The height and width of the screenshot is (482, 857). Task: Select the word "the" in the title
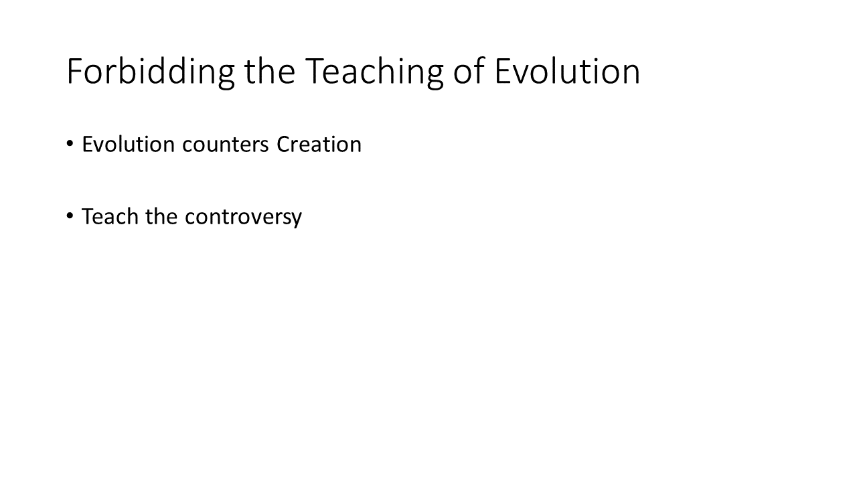coord(270,71)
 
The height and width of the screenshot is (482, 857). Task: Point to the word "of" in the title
coord(469,71)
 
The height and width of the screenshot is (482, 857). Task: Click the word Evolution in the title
coord(567,72)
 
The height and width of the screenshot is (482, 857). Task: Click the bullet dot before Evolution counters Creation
coord(70,144)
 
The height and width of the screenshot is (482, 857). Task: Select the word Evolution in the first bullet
coord(129,144)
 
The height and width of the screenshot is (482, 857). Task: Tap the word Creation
coord(319,144)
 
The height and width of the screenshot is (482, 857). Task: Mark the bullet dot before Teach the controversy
coord(70,216)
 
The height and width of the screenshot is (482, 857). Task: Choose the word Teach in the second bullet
coord(110,216)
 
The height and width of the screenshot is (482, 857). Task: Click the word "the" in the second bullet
coord(161,216)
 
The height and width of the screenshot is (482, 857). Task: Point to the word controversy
coord(243,218)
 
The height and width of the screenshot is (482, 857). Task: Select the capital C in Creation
coord(284,144)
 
